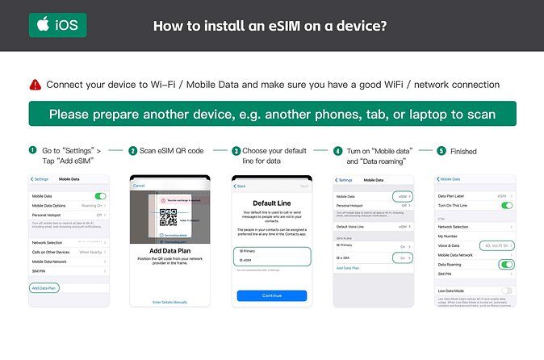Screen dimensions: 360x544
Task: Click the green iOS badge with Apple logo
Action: coord(57,25)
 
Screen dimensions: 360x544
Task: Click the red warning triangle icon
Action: coord(36,85)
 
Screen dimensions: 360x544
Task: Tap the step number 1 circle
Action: coord(33,150)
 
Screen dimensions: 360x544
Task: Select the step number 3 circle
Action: coord(236,151)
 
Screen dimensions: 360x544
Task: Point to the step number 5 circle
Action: coord(441,150)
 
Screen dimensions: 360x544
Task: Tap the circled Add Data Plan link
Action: coord(44,287)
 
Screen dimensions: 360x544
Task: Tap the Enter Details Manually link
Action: coord(169,302)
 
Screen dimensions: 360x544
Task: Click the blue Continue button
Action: coord(271,295)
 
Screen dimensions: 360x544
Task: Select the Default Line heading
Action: coord(271,203)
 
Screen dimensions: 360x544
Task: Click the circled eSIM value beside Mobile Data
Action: coord(401,196)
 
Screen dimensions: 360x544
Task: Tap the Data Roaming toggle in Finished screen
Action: coord(506,264)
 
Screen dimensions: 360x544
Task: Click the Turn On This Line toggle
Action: coord(506,206)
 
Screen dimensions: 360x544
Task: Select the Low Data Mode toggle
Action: coord(506,290)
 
